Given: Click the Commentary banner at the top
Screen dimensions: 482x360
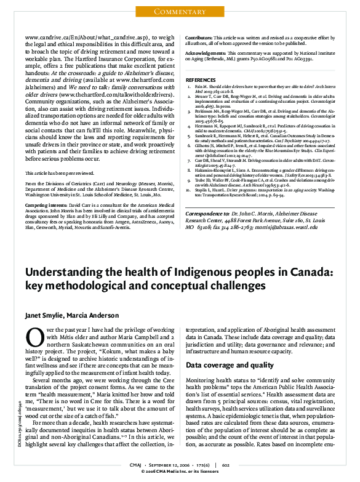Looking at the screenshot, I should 180,12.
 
